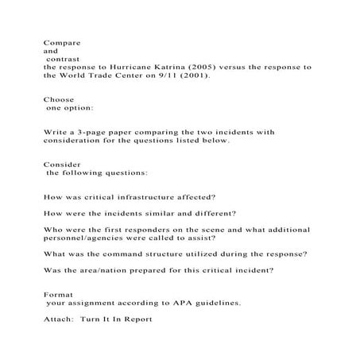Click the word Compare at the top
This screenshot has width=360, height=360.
coord(62,41)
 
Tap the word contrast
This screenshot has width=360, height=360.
coord(63,59)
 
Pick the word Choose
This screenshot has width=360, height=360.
coord(60,100)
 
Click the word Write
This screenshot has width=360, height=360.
coord(56,131)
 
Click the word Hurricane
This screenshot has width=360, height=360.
coord(130,68)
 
